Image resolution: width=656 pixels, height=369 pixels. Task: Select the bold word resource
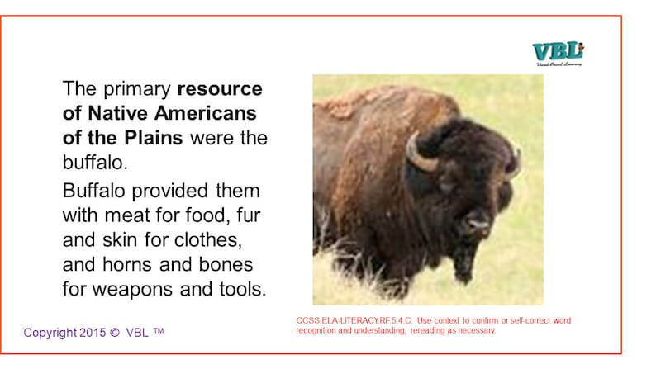[221, 88]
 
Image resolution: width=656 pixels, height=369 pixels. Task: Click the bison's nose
[477, 221]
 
